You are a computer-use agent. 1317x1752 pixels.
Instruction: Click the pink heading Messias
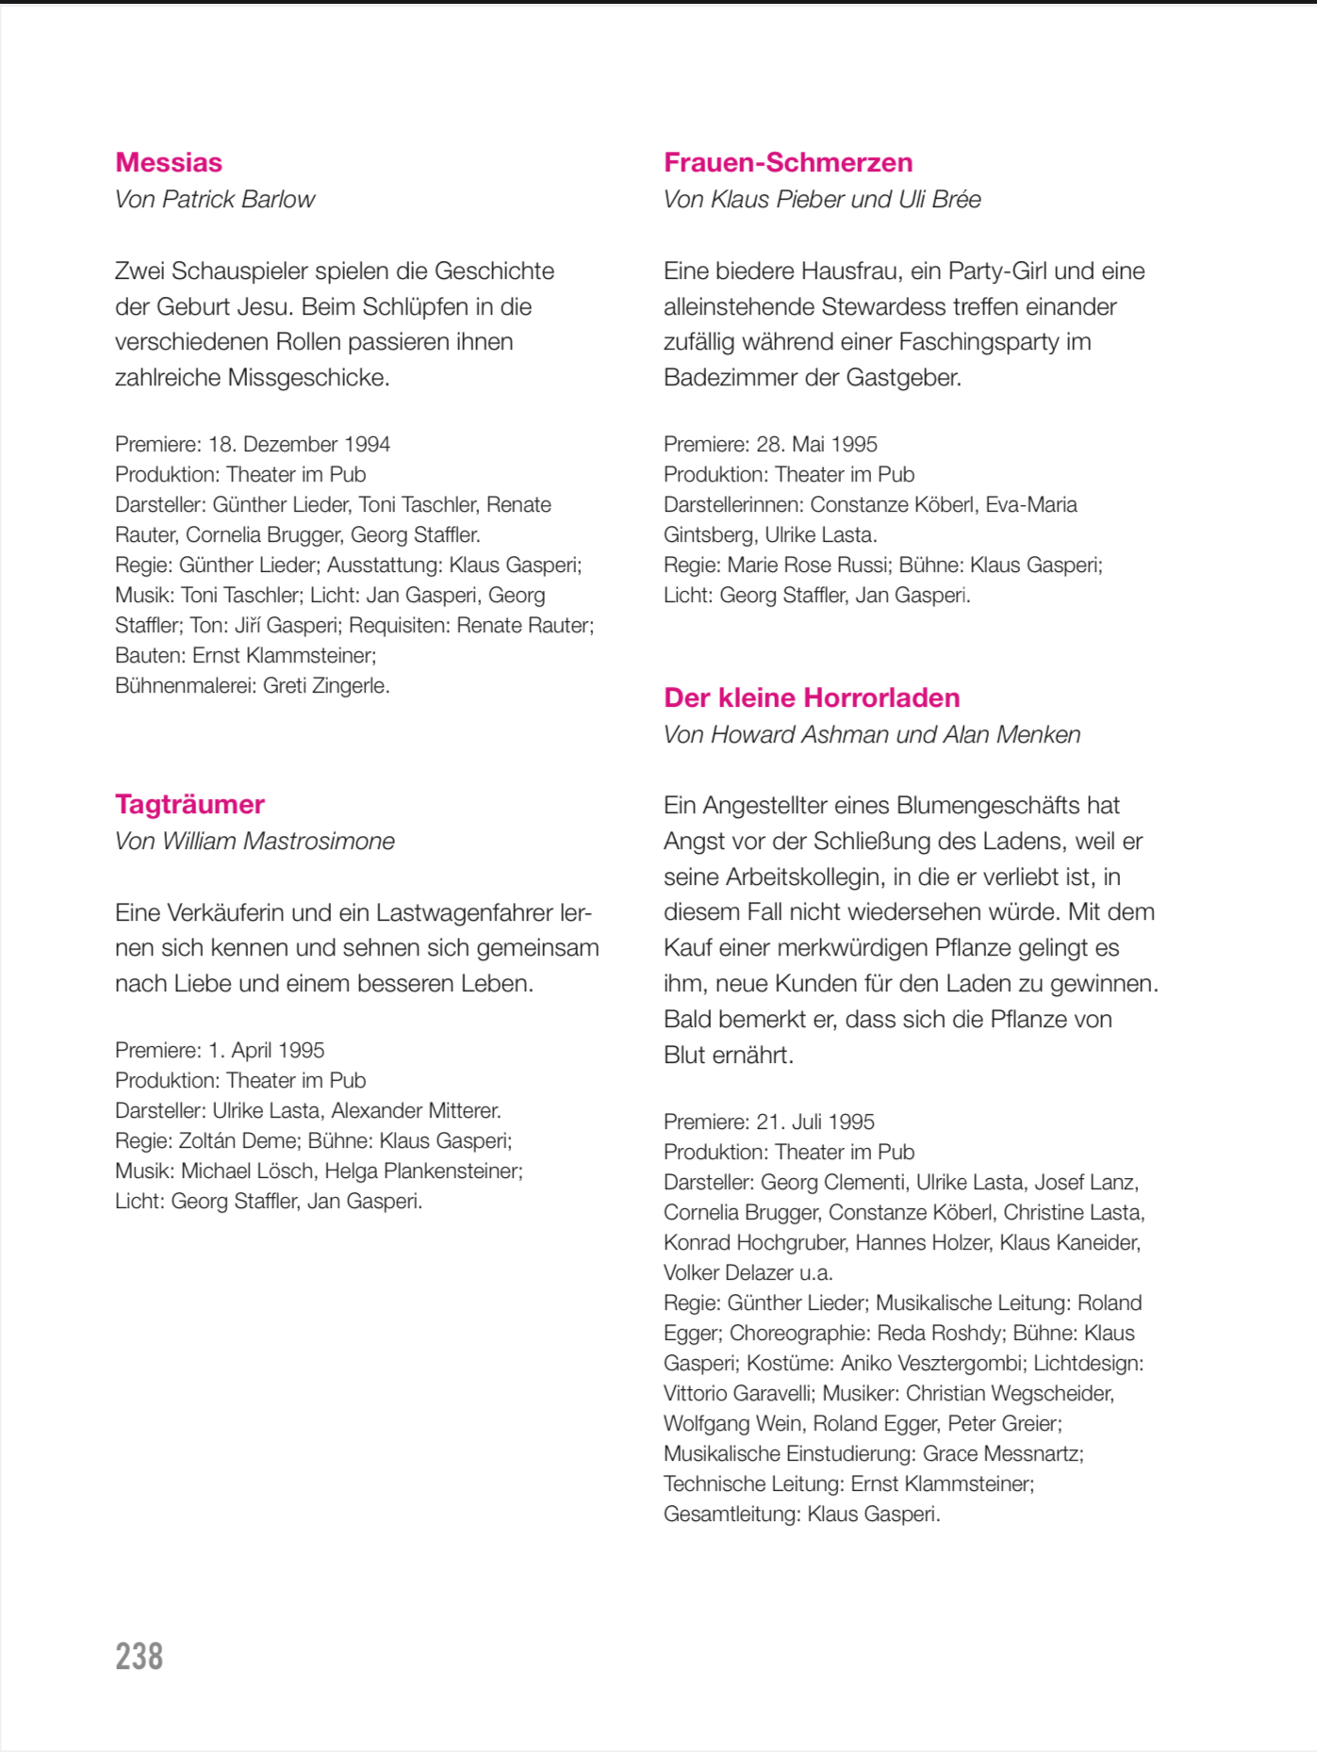(169, 162)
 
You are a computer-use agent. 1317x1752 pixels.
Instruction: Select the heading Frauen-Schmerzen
(788, 162)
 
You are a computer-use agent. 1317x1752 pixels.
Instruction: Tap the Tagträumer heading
(189, 804)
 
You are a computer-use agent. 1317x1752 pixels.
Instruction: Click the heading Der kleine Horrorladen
(812, 697)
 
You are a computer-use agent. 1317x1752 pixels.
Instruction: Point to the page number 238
(140, 1656)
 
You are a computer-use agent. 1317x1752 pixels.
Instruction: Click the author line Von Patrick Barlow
(215, 200)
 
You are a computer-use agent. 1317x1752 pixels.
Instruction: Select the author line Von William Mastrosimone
(255, 841)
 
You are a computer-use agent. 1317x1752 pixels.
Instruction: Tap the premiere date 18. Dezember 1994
(299, 444)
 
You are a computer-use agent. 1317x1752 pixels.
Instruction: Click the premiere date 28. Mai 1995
(816, 444)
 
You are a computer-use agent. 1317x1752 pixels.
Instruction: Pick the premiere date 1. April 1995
(266, 1050)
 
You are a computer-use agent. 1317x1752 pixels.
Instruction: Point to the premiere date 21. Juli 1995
(815, 1122)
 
